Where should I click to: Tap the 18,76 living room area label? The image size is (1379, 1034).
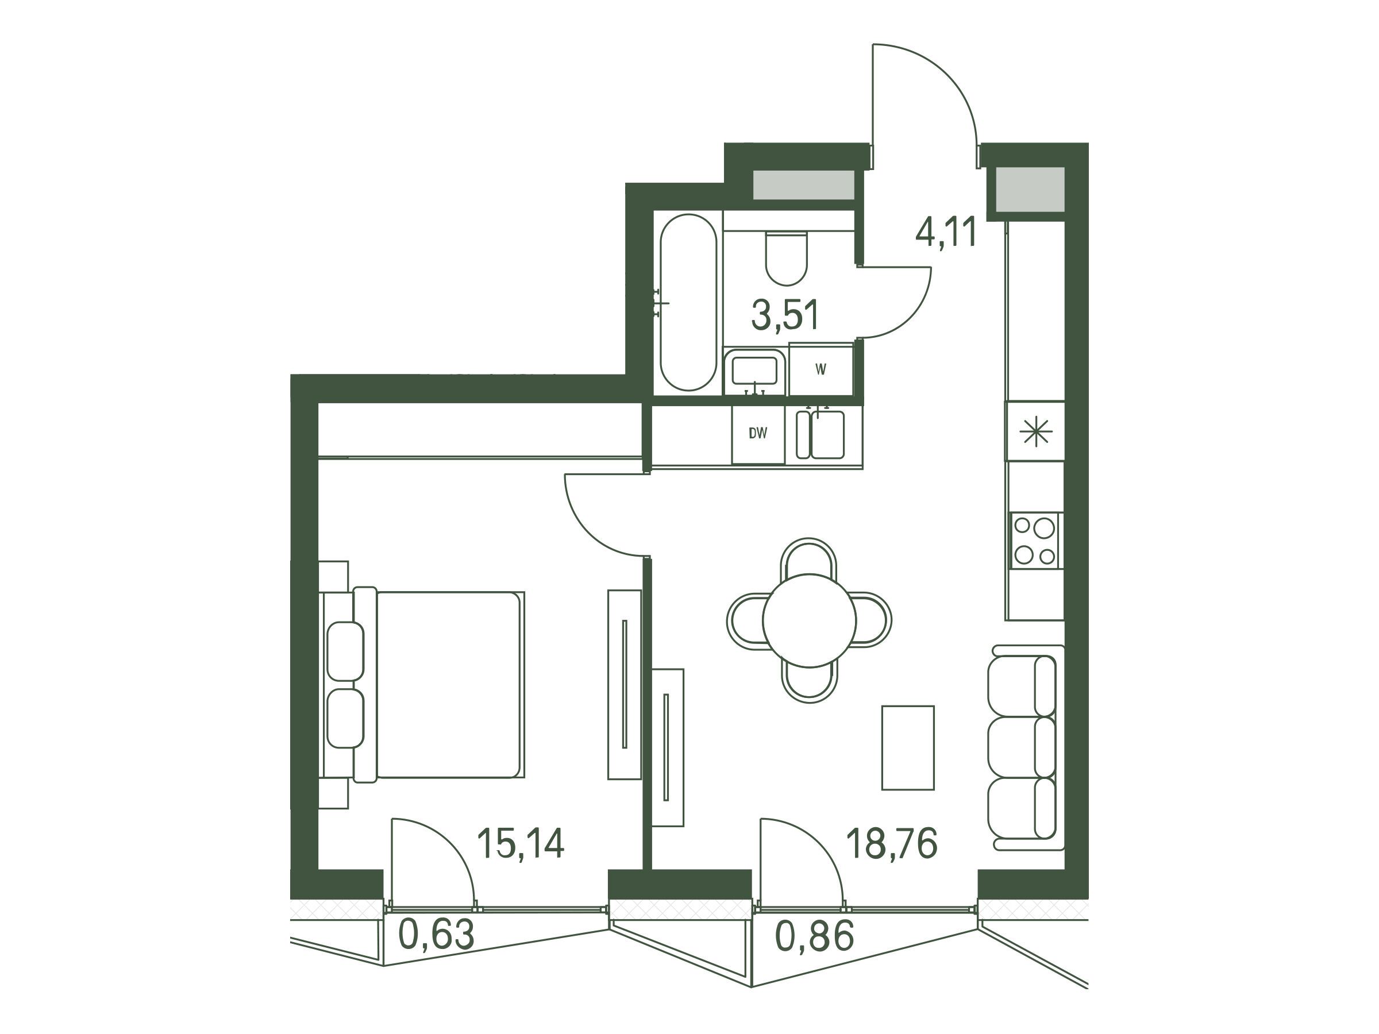coord(892,843)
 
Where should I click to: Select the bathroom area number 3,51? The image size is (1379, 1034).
coord(785,315)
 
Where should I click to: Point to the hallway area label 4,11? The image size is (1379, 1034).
coord(945,233)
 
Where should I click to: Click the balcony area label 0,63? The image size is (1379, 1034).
coord(436,934)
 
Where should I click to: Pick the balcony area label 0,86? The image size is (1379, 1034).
coord(814,936)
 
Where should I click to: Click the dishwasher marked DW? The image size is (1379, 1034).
coord(758,434)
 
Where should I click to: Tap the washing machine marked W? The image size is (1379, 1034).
coord(821,369)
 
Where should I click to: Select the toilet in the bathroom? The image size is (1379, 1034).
coord(786,258)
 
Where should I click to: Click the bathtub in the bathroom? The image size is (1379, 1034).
coord(688,303)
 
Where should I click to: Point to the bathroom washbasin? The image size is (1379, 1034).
coord(754,372)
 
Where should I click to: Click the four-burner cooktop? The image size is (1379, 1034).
coord(1035,541)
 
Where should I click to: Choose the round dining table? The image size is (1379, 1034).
coord(808,620)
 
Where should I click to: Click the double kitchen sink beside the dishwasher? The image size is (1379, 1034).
coord(821,434)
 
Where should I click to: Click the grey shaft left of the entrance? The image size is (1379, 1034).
coord(804,184)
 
